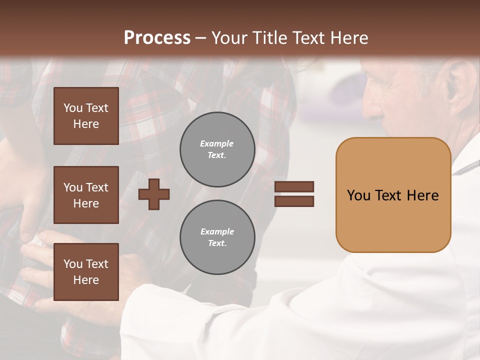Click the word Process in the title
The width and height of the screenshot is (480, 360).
[x=157, y=38]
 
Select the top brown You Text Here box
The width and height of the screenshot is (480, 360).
[x=86, y=116]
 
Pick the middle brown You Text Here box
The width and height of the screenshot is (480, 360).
[x=86, y=195]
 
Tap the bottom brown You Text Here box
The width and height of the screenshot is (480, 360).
[x=86, y=272]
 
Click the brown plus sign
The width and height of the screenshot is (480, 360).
[x=154, y=194]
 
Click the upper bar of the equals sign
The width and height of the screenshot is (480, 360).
[x=294, y=186]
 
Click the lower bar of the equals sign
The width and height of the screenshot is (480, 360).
[x=294, y=201]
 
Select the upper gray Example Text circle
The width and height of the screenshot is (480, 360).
[x=217, y=149]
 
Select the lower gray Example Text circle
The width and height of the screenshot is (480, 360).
[x=217, y=237]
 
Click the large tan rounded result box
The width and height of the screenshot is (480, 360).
[x=393, y=195]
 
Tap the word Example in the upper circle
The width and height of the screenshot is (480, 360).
[x=217, y=143]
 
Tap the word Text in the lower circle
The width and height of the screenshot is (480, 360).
[x=216, y=243]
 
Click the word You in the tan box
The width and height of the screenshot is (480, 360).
[x=358, y=195]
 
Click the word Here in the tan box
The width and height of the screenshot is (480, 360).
[x=422, y=195]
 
